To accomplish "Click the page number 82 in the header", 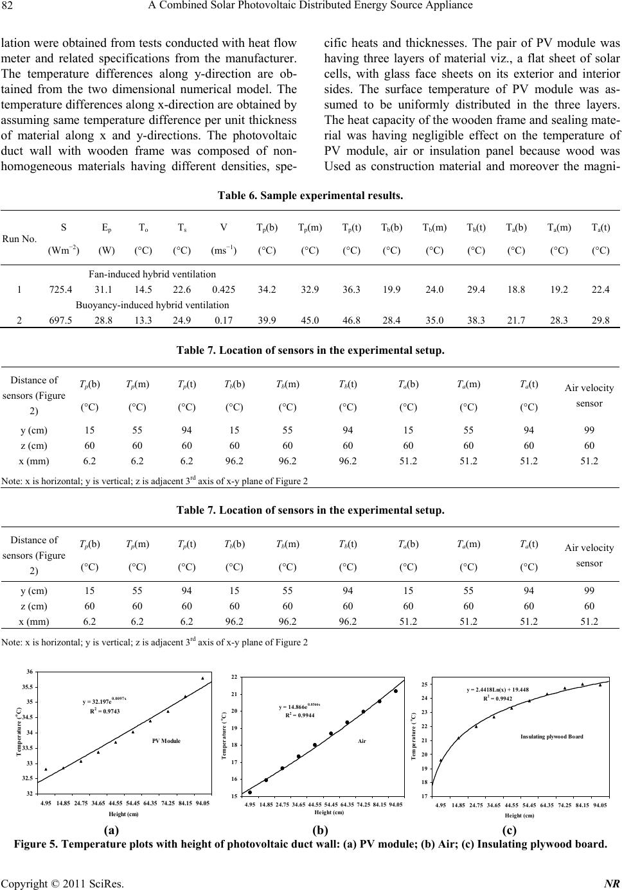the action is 7,5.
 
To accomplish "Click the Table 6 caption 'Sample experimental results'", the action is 332,195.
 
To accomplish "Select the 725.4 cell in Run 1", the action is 60,290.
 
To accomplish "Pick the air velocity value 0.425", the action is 224,290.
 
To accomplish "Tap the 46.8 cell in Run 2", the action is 351,320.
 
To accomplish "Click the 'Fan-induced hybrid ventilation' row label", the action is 152,274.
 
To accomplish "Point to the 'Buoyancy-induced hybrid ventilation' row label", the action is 152,305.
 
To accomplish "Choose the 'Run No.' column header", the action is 19,239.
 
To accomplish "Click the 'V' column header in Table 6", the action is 224,227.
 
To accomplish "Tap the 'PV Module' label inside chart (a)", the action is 166,740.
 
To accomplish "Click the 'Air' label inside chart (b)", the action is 362,741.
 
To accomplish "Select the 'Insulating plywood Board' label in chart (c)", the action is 551,737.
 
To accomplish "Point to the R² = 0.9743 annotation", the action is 105,711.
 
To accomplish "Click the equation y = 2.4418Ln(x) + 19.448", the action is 497,690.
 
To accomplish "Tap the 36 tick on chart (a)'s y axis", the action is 30,672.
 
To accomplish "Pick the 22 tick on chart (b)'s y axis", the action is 235,677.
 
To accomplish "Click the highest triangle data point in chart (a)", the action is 202,678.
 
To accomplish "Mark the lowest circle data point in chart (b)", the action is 250,792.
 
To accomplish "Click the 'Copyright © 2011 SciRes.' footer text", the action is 62,883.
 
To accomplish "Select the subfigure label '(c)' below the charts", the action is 509,830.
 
